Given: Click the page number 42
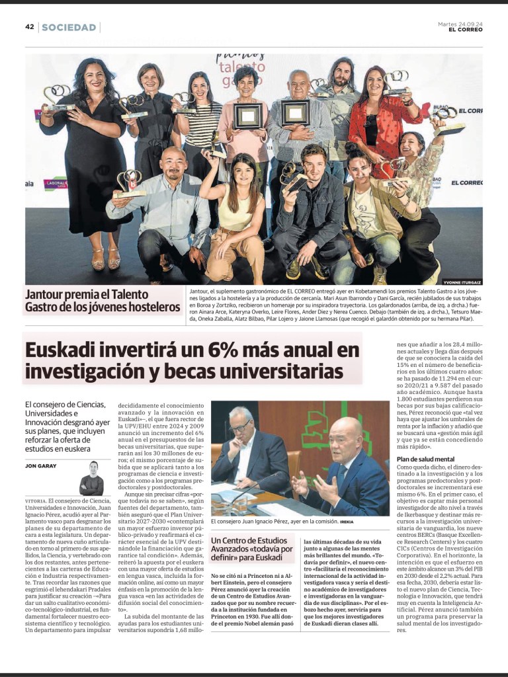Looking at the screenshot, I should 30,27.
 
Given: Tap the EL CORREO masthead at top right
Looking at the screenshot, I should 465,30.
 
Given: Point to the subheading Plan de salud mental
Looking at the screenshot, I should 425,459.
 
